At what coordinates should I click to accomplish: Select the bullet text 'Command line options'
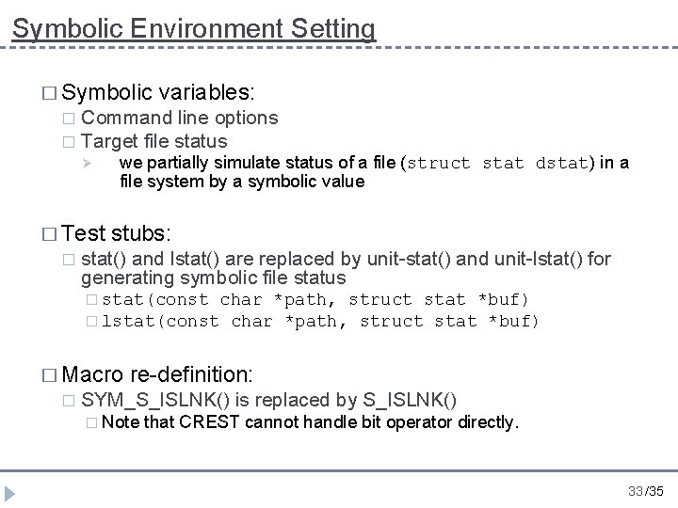pyautogui.click(x=180, y=118)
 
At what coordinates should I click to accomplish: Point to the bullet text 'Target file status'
pyautogui.click(x=154, y=141)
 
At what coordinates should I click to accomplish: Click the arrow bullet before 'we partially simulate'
pyautogui.click(x=86, y=163)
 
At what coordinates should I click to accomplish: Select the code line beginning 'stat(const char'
pyautogui.click(x=315, y=299)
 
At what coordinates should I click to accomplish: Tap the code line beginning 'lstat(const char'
pyautogui.click(x=320, y=321)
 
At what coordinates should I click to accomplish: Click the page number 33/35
pyautogui.click(x=645, y=490)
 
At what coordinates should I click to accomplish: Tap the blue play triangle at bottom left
pyautogui.click(x=13, y=492)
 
